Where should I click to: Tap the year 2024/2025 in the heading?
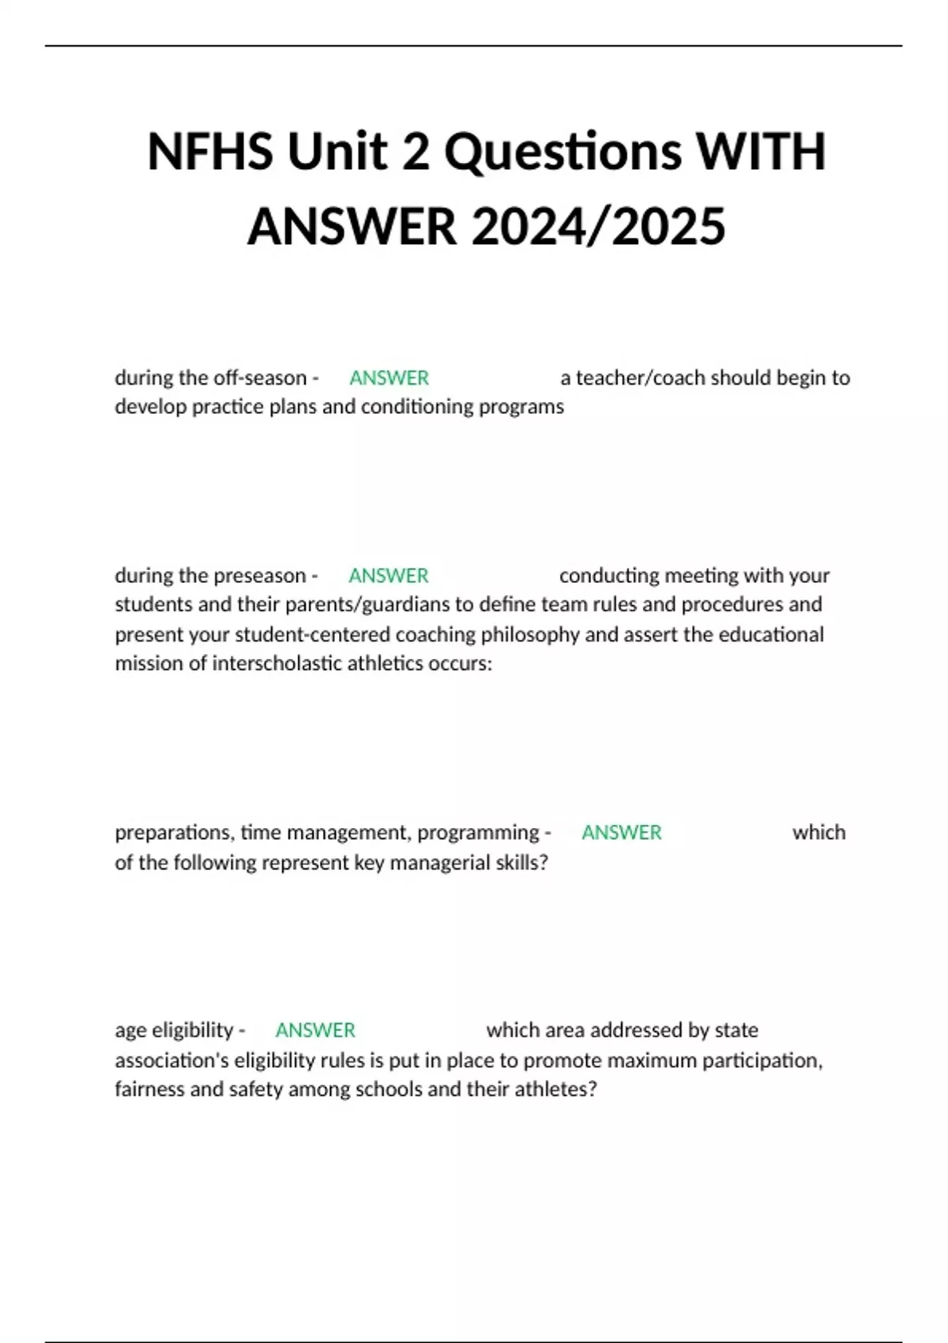598,227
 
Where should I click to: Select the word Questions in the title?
562,151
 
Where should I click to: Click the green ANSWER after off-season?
389,378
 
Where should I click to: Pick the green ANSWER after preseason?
388,575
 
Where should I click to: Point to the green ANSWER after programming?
621,832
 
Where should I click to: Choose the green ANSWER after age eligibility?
315,1030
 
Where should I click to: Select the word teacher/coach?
641,378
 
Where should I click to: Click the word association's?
171,1060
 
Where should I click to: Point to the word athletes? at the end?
555,1089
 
